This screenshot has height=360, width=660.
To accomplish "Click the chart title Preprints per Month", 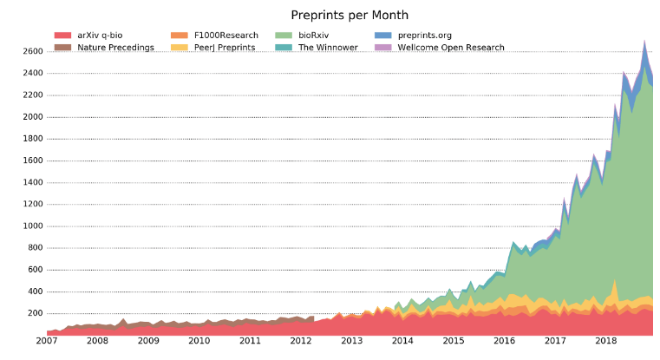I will click(350, 15).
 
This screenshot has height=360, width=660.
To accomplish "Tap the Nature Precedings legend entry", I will click(114, 47).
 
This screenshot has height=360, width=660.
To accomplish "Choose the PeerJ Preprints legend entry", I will click(225, 47).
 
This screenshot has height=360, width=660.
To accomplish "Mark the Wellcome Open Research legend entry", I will click(451, 47).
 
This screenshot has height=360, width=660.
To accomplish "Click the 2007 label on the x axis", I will click(47, 343).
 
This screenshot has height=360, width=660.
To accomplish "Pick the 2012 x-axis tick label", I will click(300, 343).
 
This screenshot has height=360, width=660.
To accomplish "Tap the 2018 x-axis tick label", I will click(604, 343).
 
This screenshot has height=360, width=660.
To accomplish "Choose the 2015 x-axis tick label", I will click(453, 343).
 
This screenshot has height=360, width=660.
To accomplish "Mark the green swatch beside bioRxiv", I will click(283, 36).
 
